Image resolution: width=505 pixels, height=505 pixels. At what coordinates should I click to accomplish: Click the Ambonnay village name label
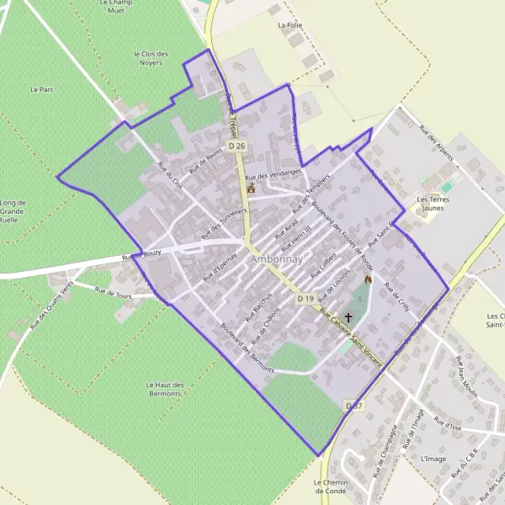pyautogui.click(x=275, y=260)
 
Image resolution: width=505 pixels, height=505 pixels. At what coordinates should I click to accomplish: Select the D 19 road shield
pyautogui.click(x=305, y=299)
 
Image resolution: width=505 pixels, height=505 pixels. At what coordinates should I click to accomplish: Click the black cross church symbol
pyautogui.click(x=349, y=318)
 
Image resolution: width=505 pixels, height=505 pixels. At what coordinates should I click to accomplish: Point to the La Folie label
pyautogui.click(x=290, y=25)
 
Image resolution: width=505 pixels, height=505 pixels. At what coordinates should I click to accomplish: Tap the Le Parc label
pyautogui.click(x=41, y=88)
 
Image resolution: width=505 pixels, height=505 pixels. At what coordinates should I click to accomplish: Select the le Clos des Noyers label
pyautogui.click(x=151, y=58)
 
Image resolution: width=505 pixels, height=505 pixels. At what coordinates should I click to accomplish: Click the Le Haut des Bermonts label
pyautogui.click(x=164, y=389)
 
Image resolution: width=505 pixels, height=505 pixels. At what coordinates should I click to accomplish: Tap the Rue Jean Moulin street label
pyautogui.click(x=462, y=375)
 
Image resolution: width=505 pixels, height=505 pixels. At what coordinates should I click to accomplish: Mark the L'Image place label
pyautogui.click(x=433, y=458)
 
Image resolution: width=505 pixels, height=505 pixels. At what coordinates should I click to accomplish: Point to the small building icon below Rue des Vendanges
pyautogui.click(x=250, y=189)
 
